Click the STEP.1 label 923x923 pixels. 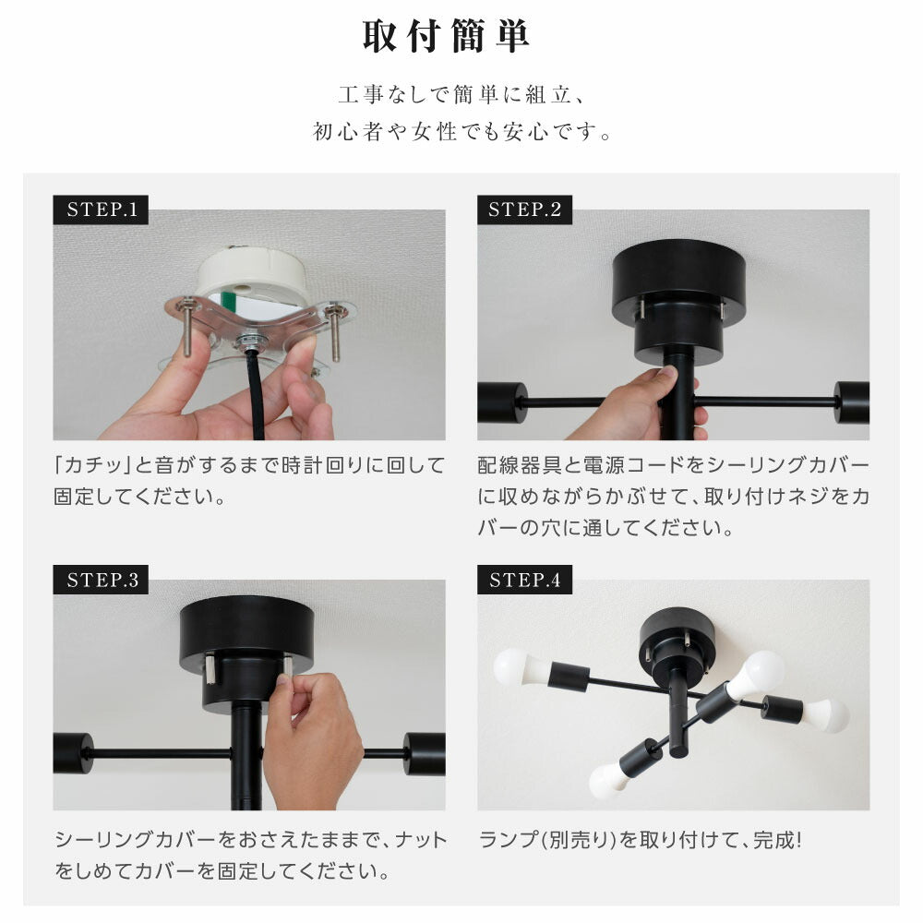[x=101, y=210]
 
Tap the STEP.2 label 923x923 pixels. [x=524, y=210]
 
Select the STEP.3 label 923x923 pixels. [x=101, y=580]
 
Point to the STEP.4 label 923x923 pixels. [x=524, y=580]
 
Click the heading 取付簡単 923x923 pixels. [x=446, y=36]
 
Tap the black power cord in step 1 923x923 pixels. [x=257, y=394]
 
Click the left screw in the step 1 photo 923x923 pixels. [x=187, y=326]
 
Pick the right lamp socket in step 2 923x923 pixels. [x=852, y=402]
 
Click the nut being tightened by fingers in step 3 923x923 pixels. [x=288, y=666]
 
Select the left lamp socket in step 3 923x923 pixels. [x=73, y=753]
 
